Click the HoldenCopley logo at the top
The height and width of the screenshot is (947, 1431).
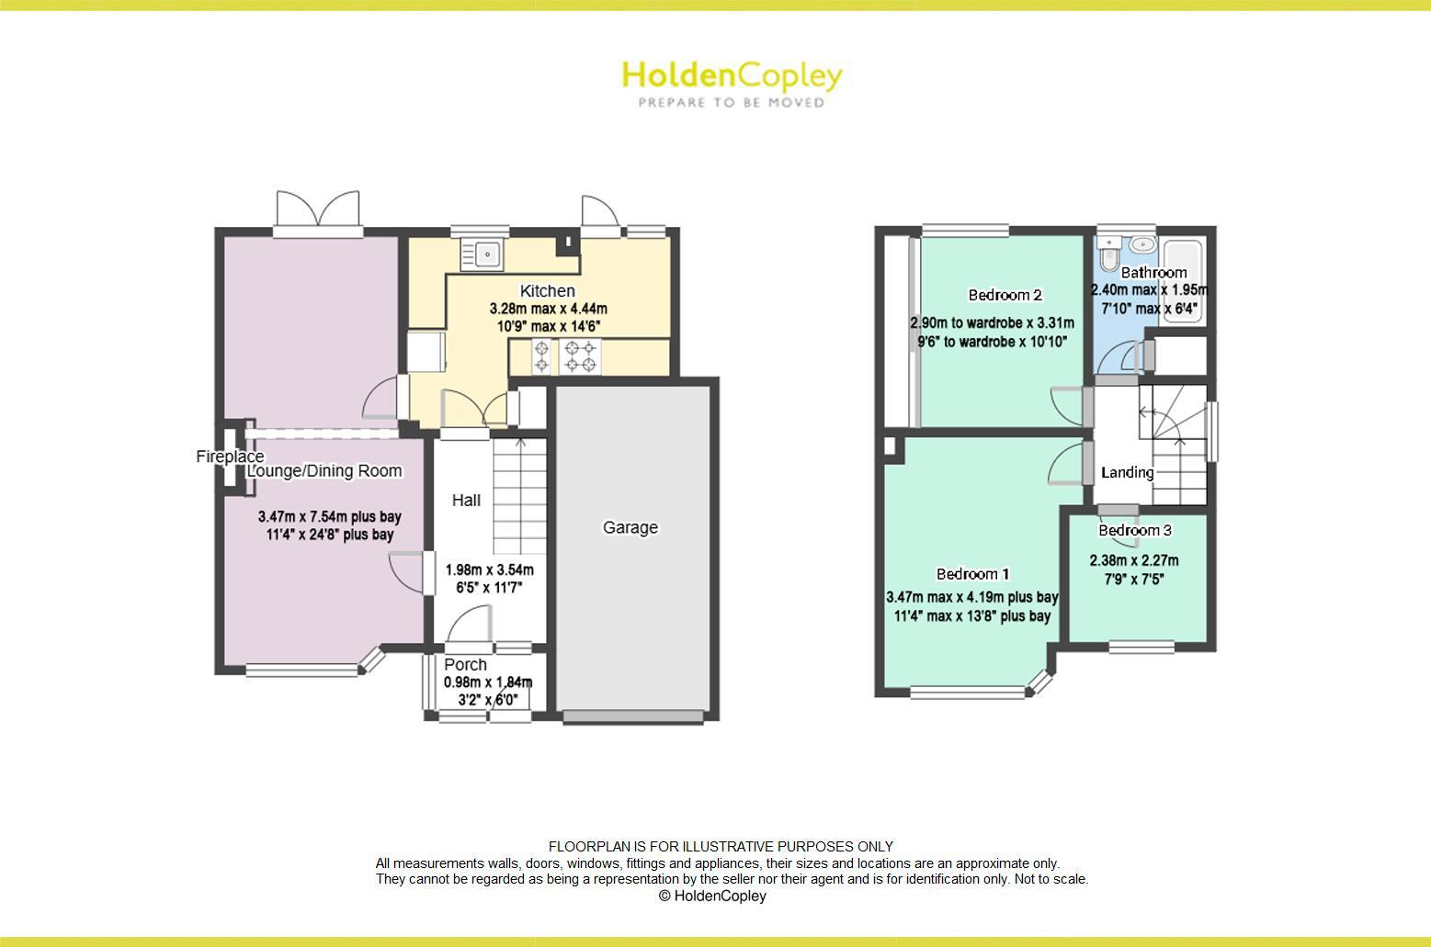point(732,83)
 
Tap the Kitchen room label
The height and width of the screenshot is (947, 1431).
point(548,291)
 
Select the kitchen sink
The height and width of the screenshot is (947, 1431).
point(483,254)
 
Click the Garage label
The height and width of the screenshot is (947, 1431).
point(630,527)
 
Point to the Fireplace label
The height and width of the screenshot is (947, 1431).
point(230,457)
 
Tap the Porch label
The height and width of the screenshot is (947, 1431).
point(466,664)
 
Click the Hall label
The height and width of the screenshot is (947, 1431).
point(466,501)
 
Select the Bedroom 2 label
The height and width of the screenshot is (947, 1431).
point(1005,295)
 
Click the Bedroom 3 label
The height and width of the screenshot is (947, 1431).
point(1135,530)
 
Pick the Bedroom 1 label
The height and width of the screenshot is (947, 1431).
point(972,574)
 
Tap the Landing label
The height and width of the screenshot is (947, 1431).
point(1128,472)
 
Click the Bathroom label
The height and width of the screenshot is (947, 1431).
point(1153,272)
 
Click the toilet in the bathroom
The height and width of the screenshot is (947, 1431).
point(1110,248)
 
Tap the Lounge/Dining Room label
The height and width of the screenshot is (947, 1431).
point(324,471)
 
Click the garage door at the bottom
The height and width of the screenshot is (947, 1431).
point(635,716)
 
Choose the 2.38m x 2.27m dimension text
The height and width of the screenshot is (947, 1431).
point(1134,560)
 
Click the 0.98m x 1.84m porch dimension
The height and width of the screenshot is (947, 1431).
point(488,682)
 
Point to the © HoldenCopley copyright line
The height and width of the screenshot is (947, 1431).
point(712,896)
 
